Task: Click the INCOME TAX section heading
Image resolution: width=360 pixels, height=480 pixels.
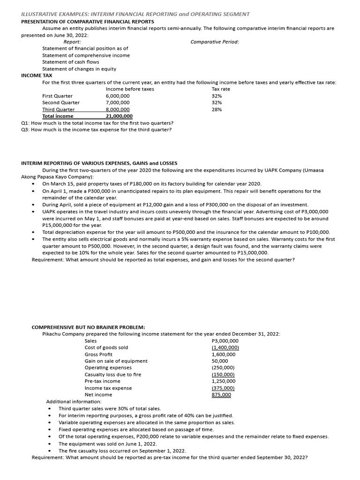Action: (37, 75)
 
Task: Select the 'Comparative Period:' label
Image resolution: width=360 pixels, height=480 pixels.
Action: (215, 42)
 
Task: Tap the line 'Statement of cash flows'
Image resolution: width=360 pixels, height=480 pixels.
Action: (70, 62)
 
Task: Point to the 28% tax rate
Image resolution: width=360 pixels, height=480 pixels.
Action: (217, 109)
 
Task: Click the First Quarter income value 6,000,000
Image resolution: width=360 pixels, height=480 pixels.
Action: (118, 96)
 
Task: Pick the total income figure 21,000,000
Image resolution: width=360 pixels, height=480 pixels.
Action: (119, 116)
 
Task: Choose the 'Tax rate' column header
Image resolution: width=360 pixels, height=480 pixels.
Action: (221, 89)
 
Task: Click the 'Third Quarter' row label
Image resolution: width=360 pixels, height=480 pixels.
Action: (58, 109)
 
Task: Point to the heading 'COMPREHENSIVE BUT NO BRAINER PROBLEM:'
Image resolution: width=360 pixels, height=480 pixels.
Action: (88, 327)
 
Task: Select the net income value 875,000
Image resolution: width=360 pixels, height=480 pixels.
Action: (221, 395)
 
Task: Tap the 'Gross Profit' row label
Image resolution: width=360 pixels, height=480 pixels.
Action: (98, 354)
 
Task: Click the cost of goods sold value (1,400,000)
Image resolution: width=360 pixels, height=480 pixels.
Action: (225, 347)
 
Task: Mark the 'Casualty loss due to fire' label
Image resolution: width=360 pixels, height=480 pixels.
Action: (112, 375)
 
